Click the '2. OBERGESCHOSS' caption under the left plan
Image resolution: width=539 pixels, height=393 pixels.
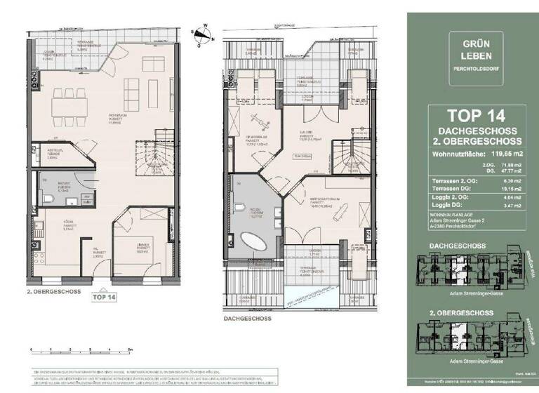point(54,289)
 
